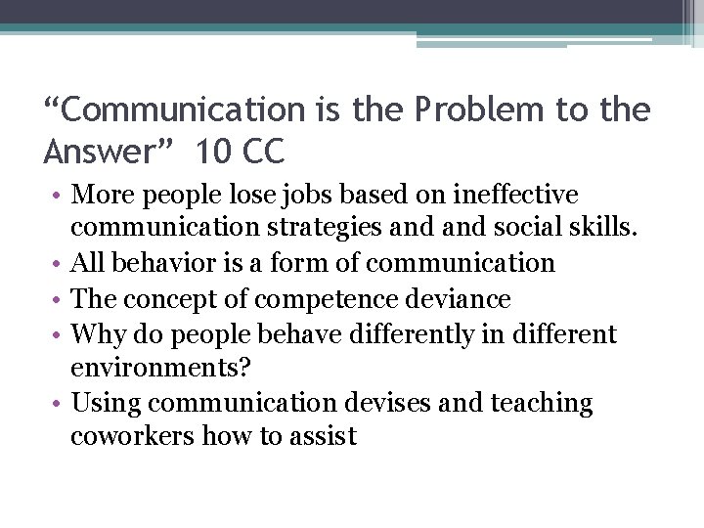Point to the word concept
[180, 298]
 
